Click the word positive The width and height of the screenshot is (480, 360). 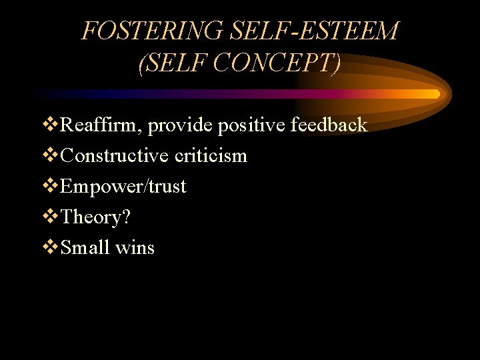[253, 125]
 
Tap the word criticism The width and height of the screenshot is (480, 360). [211, 155]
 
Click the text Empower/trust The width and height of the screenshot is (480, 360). [123, 186]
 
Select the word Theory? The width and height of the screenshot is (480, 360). [93, 217]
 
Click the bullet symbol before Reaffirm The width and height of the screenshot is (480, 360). [50, 125]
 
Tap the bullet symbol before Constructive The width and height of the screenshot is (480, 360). [50, 155]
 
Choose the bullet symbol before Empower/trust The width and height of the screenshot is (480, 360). [50, 186]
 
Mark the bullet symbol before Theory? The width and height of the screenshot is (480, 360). [50, 217]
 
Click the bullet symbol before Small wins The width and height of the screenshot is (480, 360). [50, 247]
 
